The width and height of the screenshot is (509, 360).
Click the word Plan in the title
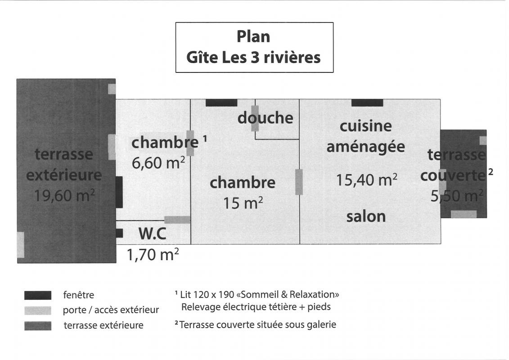coord(253,37)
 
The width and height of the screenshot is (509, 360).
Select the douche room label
coord(265,117)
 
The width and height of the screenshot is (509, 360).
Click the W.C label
coord(152,234)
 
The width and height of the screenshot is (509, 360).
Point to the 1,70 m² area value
coord(153,255)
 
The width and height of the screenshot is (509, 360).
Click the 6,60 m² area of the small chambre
coord(158,162)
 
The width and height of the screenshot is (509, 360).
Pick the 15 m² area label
coord(243,203)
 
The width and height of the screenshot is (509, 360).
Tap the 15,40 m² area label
coord(366,180)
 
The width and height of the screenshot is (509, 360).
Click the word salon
coord(366,216)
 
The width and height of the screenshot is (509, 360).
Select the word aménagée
coord(365,147)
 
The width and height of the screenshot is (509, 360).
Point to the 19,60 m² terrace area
coord(65,195)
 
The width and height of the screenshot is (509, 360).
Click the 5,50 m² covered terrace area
coord(457,196)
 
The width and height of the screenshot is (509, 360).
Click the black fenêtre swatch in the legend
coord(38,295)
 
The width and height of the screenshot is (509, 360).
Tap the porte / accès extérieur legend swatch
coord(38,310)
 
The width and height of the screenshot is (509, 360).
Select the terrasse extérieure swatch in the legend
coord(38,326)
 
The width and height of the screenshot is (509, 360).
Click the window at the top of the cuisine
coord(367,103)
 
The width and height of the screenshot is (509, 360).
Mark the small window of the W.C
coord(119,233)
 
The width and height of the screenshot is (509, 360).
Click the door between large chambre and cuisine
coord(299,182)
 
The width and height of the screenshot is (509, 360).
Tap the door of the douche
coord(255,118)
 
